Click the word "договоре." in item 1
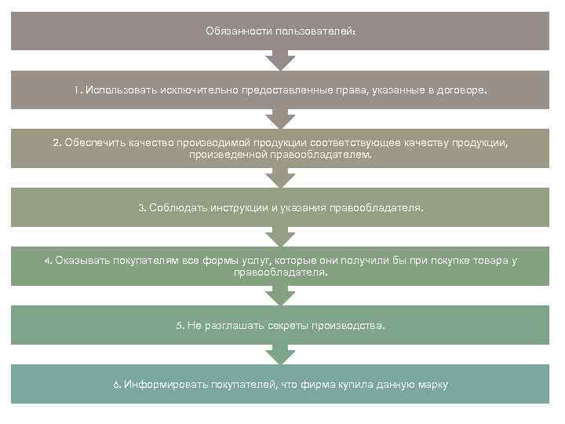463,90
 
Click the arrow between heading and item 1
280,60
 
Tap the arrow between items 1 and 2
280,118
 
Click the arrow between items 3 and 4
280,236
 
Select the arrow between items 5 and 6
280,355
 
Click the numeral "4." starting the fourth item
48,261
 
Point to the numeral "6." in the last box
116,384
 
